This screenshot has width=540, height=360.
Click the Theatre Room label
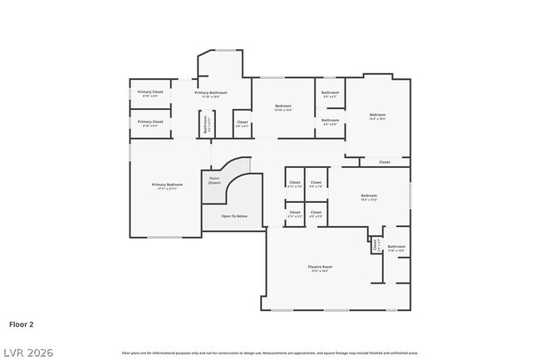pyautogui.click(x=320, y=269)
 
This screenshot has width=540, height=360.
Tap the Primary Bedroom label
pyautogui.click(x=167, y=186)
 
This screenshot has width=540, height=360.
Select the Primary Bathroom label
pyautogui.click(x=211, y=94)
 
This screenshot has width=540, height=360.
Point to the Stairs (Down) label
pyautogui.click(x=214, y=180)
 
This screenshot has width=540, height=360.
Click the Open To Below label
pyautogui.click(x=233, y=216)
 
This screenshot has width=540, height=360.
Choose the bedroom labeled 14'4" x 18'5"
pyautogui.click(x=377, y=116)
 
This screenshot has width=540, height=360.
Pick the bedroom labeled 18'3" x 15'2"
pyautogui.click(x=369, y=198)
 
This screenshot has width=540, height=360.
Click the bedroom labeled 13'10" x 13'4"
pyautogui.click(x=282, y=108)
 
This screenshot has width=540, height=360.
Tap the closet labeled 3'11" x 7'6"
pyautogui.click(x=294, y=184)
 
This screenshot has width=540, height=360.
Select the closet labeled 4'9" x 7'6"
pyautogui.click(x=316, y=184)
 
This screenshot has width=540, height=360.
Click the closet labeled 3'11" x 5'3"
pyautogui.click(x=294, y=214)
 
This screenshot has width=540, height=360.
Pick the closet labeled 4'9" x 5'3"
pyautogui.click(x=316, y=214)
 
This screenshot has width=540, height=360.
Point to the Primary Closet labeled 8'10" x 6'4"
pyautogui.click(x=150, y=93)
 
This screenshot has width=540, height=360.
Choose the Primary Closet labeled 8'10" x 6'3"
pyautogui.click(x=150, y=123)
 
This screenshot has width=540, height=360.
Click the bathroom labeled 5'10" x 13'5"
pyautogui.click(x=396, y=248)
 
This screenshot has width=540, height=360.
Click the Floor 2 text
pyautogui.click(x=22, y=324)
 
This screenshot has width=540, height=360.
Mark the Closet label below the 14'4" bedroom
pyautogui.click(x=384, y=162)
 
